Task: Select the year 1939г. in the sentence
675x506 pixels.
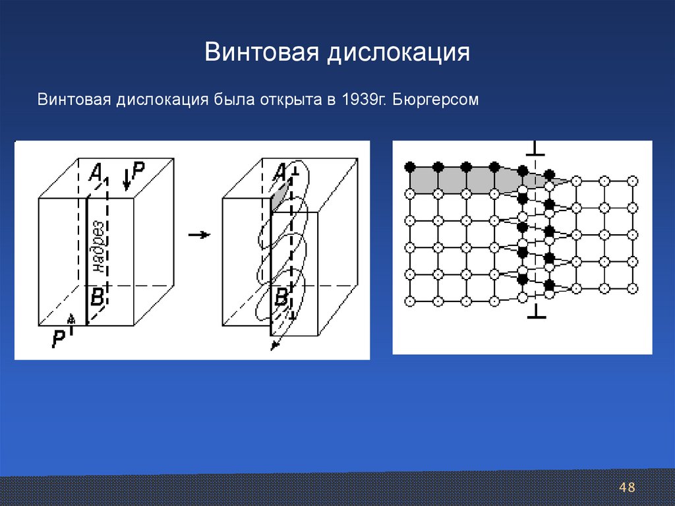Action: pyautogui.click(x=363, y=101)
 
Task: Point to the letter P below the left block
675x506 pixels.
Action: pyautogui.click(x=59, y=340)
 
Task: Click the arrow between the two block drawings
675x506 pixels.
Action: pyautogui.click(x=198, y=234)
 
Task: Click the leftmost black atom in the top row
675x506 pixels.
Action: pyautogui.click(x=409, y=166)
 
